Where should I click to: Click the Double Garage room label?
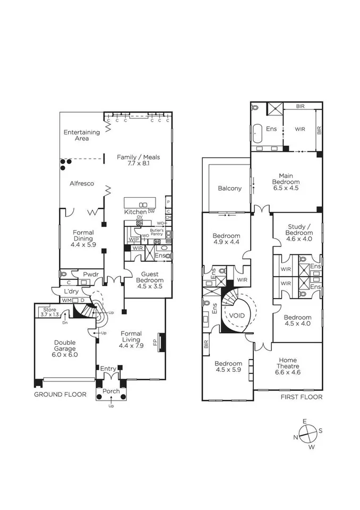click(x=65, y=348)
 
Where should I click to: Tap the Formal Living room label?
click(x=131, y=339)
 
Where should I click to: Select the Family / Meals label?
click(x=138, y=160)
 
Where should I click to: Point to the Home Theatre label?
click(x=288, y=366)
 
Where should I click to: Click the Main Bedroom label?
click(x=286, y=182)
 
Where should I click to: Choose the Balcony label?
click(x=229, y=188)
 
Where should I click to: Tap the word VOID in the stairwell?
click(x=237, y=316)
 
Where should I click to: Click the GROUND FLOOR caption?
click(x=61, y=395)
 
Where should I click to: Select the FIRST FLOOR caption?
click(x=302, y=397)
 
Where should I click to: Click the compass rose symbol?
click(x=308, y=434)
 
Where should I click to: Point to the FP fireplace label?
click(x=155, y=342)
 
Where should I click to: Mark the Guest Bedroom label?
click(x=150, y=280)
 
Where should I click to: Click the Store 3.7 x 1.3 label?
click(x=50, y=312)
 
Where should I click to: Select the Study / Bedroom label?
click(x=299, y=233)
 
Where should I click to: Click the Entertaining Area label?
click(x=82, y=135)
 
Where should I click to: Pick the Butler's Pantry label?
click(x=157, y=232)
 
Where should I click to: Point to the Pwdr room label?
click(x=91, y=274)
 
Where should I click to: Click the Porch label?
click(x=111, y=392)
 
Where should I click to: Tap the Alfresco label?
click(x=82, y=183)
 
